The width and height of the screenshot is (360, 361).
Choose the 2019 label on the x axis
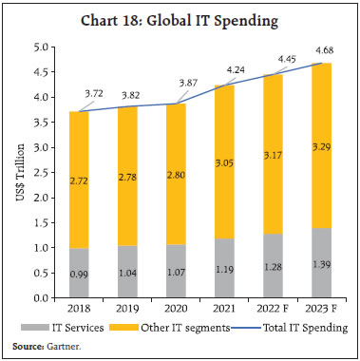(125, 309)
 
